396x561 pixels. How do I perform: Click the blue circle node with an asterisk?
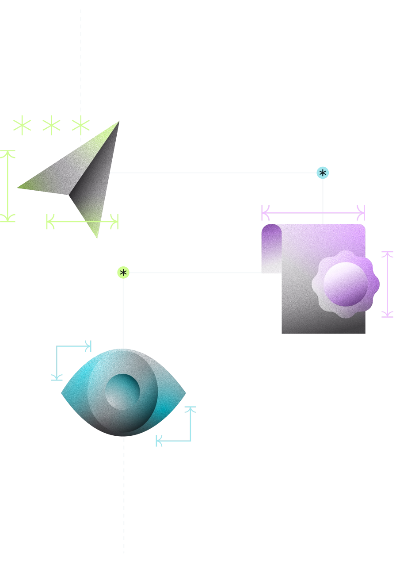[x=323, y=173]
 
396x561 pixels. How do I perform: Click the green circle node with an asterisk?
[x=123, y=273]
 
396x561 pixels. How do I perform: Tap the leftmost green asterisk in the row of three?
[x=22, y=125]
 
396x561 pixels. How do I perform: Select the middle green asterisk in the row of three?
[x=51, y=125]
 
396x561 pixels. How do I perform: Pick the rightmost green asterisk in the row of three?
[x=81, y=125]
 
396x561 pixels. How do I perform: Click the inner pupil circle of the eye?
[x=122, y=392]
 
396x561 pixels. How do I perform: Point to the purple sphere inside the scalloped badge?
[x=345, y=284]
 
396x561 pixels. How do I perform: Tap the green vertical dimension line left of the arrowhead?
[x=8, y=186]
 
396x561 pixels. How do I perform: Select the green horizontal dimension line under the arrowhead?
[x=82, y=221]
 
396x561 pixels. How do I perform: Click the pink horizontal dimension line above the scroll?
[x=313, y=213]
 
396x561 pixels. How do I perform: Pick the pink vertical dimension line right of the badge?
[x=387, y=284]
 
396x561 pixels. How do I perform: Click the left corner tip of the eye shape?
[x=63, y=392]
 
